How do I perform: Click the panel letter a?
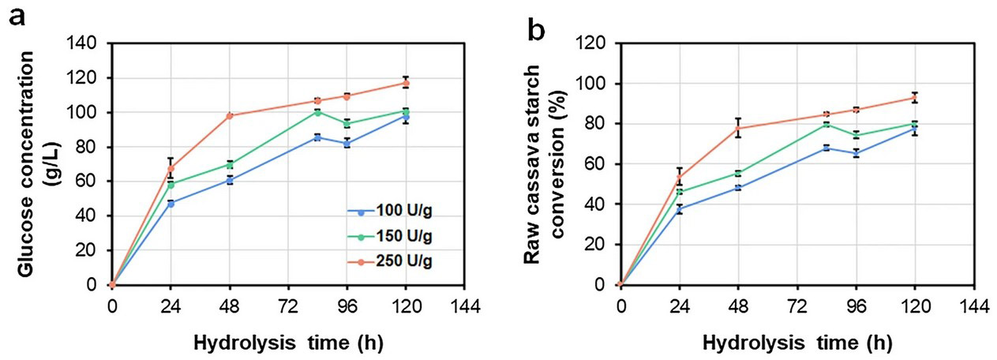click(16, 17)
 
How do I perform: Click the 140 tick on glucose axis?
click(87, 43)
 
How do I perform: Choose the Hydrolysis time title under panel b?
click(798, 344)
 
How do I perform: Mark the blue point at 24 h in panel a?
click(171, 203)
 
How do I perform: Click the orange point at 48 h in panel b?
click(738, 128)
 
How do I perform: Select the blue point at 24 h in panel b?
click(679, 209)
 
